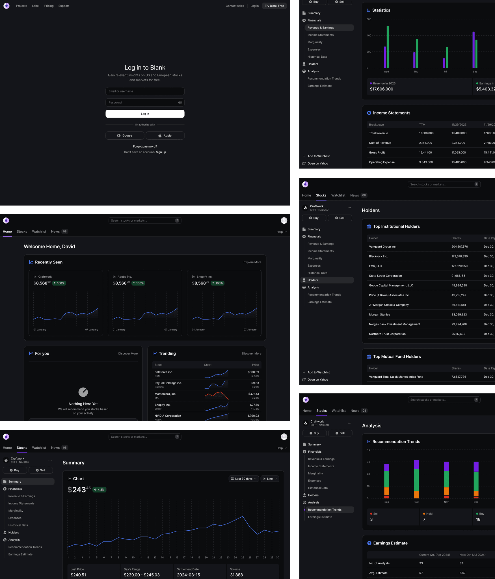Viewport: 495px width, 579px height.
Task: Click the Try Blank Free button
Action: (274, 6)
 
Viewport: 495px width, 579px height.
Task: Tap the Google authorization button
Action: (125, 136)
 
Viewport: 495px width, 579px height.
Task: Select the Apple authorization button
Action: (165, 136)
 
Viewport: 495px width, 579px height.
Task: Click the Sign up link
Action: (161, 152)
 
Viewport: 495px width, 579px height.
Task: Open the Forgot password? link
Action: (145, 146)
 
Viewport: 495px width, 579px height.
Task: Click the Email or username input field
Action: (145, 91)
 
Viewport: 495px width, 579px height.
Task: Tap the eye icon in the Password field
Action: (180, 103)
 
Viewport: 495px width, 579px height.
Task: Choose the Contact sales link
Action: (235, 6)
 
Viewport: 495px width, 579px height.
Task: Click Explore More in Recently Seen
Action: (252, 262)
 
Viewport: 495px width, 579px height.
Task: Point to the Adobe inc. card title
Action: (124, 277)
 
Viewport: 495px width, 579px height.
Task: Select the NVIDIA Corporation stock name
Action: (168, 416)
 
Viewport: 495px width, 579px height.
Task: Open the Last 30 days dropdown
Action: (243, 479)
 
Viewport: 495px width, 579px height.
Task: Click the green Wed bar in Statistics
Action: (388, 47)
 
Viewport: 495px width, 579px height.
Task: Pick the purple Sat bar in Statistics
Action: (474, 49)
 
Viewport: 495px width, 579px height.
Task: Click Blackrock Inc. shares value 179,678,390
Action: (459, 256)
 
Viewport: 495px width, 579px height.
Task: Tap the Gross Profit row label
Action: (377, 153)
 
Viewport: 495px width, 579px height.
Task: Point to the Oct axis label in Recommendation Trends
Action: (416, 502)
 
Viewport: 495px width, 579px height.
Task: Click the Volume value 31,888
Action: (236, 575)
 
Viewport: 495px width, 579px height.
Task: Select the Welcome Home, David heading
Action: (49, 247)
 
